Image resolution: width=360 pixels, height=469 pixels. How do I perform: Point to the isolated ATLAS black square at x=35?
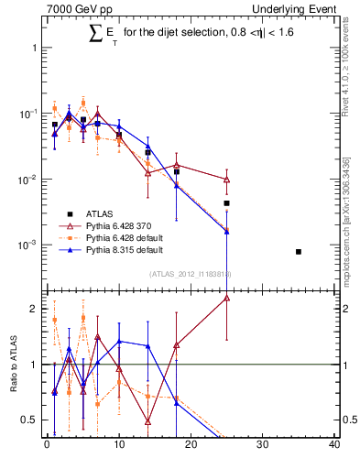tap(299, 251)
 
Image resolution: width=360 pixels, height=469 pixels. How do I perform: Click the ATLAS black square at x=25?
tap(226, 203)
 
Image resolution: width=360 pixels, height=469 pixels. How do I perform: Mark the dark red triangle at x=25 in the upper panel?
tap(226, 180)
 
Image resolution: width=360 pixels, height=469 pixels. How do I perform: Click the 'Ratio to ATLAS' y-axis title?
tap(13, 365)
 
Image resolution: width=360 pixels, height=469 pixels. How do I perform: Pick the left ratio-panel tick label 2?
tap(34, 309)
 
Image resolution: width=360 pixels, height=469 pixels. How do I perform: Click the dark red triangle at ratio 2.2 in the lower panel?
tap(226, 298)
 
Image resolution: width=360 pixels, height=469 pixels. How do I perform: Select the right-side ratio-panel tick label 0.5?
tap(347, 420)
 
